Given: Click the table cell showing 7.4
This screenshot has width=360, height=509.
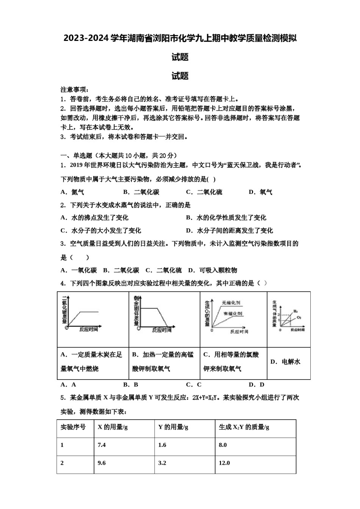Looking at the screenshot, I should coord(102,445).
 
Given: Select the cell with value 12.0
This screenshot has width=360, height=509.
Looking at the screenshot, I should coord(224,463).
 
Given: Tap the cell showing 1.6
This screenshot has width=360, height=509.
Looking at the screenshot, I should coord(162,445).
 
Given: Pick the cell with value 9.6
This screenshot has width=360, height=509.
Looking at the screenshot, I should coord(102,463).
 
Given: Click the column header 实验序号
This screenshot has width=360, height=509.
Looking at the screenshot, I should coord(73,427).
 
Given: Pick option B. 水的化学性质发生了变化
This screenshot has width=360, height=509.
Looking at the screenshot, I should coord(226,218).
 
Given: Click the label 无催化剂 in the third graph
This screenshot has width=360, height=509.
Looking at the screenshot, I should coord(231,303).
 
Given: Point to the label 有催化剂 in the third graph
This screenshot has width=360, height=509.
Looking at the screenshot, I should coord(233,314).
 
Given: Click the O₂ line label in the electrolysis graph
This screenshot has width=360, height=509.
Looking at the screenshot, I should coord(299,317).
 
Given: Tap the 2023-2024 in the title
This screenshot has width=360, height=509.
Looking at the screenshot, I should coord(86,38).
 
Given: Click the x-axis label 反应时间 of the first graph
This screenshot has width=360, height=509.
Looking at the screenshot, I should coord(89,329).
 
